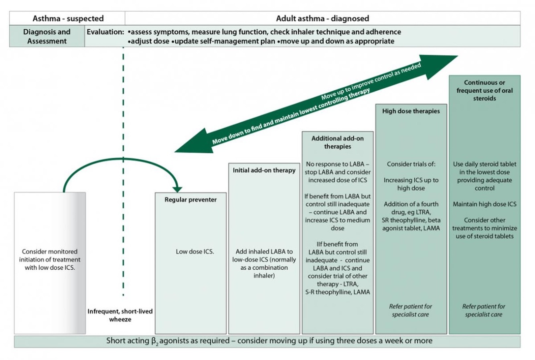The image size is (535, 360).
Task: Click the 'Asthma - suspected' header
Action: pos(68,18)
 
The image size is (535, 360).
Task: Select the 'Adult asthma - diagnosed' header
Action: pos(322,18)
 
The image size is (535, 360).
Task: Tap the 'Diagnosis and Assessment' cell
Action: pos(47,36)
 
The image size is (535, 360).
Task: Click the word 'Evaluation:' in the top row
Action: pos(105,32)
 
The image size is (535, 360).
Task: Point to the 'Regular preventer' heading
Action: pos(190,199)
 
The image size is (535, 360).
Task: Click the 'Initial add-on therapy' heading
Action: pos(264,170)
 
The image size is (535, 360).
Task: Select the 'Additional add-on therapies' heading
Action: pos(337,142)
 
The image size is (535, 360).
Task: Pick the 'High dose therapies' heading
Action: pos(411,111)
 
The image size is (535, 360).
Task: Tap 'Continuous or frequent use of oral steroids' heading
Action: pos(484,90)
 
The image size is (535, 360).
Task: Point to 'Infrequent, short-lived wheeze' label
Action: pos(120,315)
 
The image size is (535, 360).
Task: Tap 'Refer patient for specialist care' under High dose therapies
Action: pos(410,310)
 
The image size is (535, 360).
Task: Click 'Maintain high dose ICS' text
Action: pos(484,204)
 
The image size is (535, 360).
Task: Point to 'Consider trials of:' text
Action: pos(411,164)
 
